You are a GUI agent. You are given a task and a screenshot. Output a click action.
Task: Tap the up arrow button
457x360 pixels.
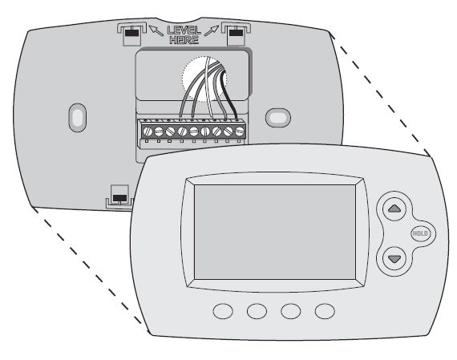tap(394, 208)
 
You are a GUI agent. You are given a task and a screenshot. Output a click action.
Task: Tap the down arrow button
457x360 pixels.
tap(394, 258)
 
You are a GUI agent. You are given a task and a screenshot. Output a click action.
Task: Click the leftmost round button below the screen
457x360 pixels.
tap(223, 311)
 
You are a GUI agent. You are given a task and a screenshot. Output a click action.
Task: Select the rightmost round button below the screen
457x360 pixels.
tap(325, 311)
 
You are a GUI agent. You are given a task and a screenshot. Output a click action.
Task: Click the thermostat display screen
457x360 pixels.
tap(275, 232)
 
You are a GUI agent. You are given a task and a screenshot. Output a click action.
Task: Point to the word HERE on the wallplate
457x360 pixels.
tap(184, 40)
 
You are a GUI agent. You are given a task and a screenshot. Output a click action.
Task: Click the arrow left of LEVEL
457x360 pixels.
tap(156, 30)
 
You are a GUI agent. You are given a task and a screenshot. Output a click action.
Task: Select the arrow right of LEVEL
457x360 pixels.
tap(212, 30)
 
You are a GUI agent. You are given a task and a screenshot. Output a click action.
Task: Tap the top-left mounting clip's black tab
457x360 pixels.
tap(131, 33)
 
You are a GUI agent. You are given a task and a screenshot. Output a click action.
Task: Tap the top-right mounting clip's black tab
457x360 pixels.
tap(236, 32)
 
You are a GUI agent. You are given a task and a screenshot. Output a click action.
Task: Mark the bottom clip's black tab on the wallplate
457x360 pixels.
tap(119, 198)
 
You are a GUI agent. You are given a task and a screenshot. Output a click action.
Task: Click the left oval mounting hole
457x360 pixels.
tap(78, 118)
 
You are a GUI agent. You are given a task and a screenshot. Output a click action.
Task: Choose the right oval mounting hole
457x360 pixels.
tap(277, 118)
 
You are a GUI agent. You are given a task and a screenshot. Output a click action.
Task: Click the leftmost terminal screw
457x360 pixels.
tap(148, 131)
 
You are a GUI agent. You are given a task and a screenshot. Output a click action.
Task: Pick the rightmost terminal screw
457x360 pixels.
tap(240, 131)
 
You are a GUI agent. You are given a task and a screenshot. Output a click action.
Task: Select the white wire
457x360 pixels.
tap(209, 87)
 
